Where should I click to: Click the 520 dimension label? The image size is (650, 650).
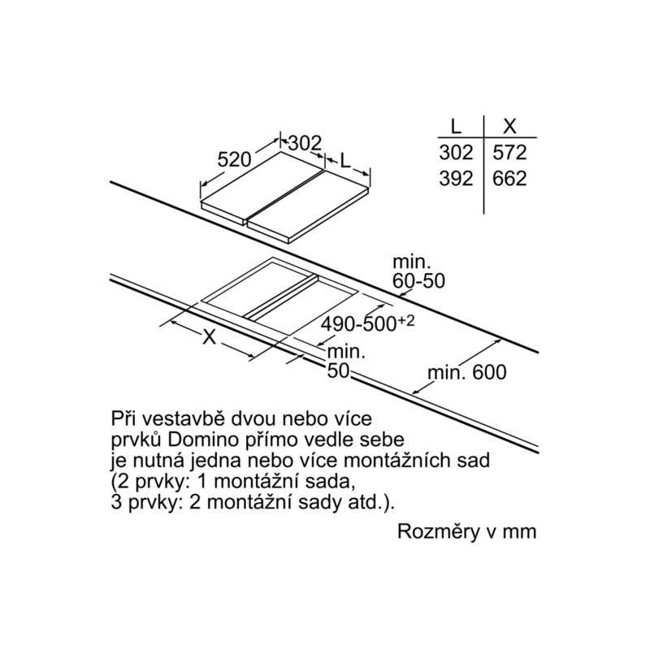235,159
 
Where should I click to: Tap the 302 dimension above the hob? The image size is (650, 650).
305,144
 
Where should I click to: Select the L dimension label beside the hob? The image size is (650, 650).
345,160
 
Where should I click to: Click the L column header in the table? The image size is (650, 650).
456,126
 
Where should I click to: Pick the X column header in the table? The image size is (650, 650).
509,126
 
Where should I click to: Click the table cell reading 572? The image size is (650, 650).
509,153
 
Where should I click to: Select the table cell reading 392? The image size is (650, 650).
456,179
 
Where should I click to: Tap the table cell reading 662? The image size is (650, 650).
509,179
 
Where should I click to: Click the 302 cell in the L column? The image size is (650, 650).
456,153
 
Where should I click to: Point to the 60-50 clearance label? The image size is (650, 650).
418,280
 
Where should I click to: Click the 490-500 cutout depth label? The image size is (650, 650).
359,324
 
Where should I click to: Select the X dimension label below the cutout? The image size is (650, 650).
210,337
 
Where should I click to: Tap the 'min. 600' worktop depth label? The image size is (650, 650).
466,372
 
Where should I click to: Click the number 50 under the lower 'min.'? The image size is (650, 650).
338,371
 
